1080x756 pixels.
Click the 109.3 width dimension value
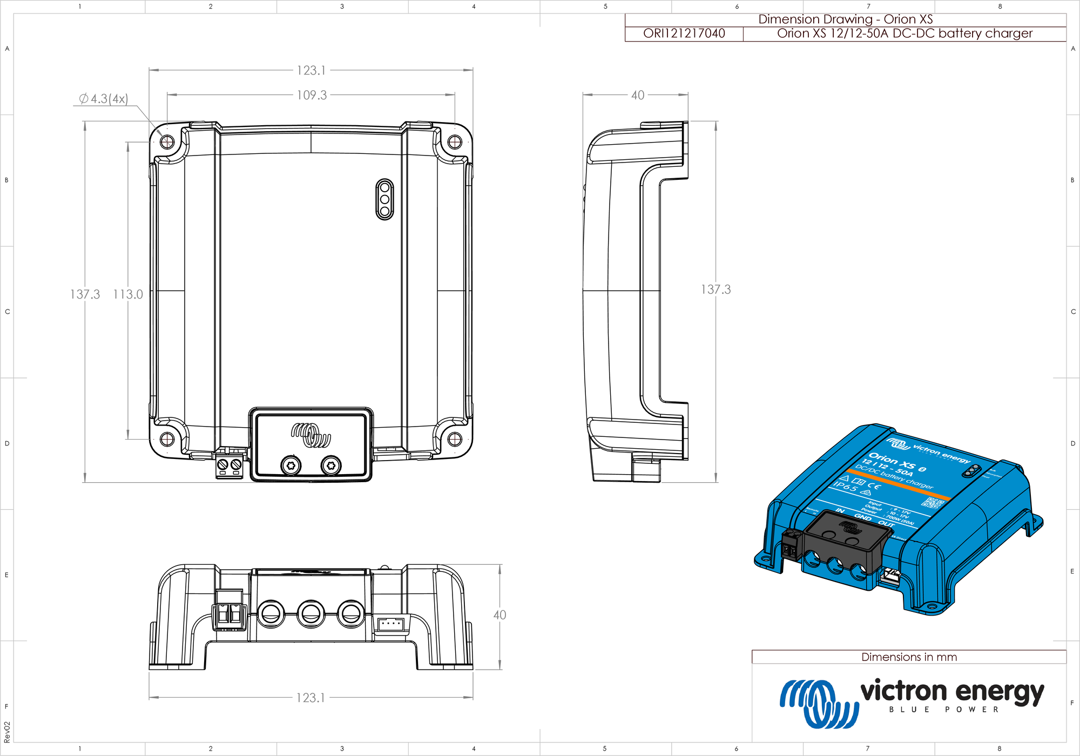click(312, 95)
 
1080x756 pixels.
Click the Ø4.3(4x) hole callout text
click(103, 99)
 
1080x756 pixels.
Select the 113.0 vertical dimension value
click(128, 294)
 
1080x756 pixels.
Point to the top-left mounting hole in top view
click(167, 142)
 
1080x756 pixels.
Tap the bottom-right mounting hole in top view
click(455, 438)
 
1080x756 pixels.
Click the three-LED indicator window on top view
click(384, 199)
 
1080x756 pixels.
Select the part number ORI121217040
click(684, 33)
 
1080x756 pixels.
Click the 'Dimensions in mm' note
click(909, 657)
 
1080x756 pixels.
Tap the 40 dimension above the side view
click(638, 95)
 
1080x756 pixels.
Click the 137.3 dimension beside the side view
click(715, 289)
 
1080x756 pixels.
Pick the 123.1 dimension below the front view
click(310, 698)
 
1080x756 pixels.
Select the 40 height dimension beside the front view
click(500, 615)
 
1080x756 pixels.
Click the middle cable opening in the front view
click(310, 613)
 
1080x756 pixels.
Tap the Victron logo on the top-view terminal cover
click(311, 435)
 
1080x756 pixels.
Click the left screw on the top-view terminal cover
click(291, 465)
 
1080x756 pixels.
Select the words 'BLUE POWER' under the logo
click(943, 710)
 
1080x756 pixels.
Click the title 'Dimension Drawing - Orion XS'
click(845, 19)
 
